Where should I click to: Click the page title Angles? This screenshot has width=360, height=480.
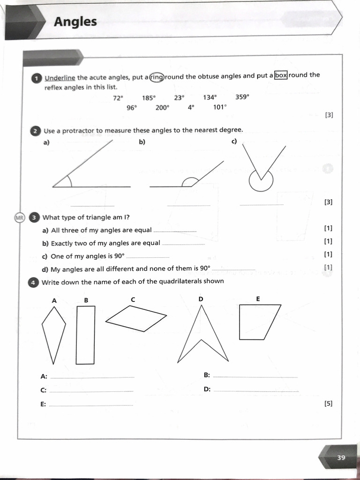point(75,22)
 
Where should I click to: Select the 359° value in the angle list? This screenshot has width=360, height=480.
point(242,97)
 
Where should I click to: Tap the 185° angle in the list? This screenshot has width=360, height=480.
point(149,98)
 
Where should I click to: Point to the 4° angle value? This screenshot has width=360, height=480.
point(190,107)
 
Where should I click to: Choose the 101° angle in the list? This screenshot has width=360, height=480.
point(220,107)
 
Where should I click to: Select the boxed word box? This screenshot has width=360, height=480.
point(280,75)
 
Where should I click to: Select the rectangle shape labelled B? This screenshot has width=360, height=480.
point(85,335)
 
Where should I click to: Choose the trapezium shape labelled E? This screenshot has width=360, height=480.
point(257,322)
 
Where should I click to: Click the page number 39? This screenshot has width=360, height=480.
point(341,457)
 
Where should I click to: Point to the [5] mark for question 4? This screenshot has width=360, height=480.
point(328,403)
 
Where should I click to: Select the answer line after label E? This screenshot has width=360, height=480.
point(91,405)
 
